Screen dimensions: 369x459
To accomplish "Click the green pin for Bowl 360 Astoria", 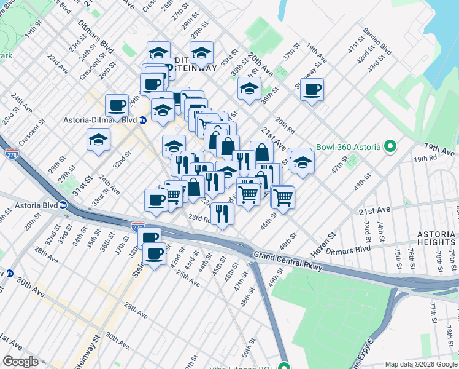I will click(389, 147).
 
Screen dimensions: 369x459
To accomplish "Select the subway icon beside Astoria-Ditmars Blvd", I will click(142, 121).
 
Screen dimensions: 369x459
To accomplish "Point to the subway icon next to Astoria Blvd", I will click(63, 205).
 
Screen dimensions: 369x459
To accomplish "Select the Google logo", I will click(21, 361).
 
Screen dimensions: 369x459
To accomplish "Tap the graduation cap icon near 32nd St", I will click(98, 140).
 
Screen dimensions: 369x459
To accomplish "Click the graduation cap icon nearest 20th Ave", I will click(249, 89).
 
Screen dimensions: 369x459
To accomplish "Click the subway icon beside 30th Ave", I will click(9, 273).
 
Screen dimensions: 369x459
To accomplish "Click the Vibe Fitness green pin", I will click(283, 363).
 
